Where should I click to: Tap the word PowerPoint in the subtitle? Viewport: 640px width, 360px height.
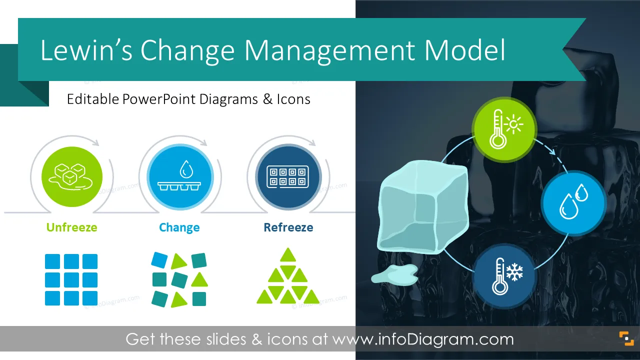point(159,99)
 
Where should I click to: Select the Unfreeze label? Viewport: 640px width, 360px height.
point(71,227)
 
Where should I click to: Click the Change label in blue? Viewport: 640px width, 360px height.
point(179,227)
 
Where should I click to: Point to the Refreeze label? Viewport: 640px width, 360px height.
point(288,227)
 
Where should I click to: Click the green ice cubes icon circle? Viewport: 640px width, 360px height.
point(72,176)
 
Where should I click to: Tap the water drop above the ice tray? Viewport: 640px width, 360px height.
point(186,169)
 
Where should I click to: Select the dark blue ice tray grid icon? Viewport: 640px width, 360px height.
point(287,177)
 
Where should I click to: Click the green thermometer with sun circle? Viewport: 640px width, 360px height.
point(504,129)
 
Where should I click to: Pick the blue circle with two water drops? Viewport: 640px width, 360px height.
point(573,203)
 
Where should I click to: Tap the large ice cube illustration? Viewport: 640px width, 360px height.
point(423,207)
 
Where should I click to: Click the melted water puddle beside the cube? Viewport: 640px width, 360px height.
point(394,275)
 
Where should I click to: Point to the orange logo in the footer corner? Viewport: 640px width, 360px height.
point(626,338)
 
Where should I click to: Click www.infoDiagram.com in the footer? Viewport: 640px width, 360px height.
point(423,339)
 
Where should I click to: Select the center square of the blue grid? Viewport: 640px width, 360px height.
point(71,279)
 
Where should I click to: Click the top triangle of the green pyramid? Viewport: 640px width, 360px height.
point(287,255)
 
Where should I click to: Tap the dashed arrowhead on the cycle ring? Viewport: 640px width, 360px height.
point(552,151)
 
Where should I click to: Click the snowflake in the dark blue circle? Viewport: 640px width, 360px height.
point(514,271)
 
